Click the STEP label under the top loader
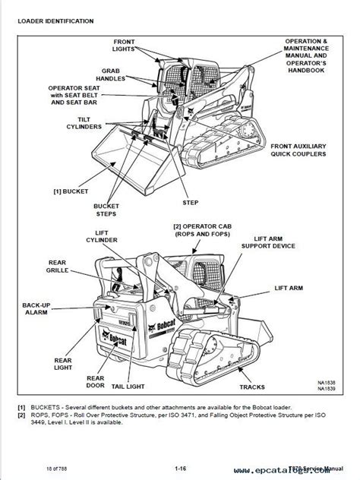click(190, 204)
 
